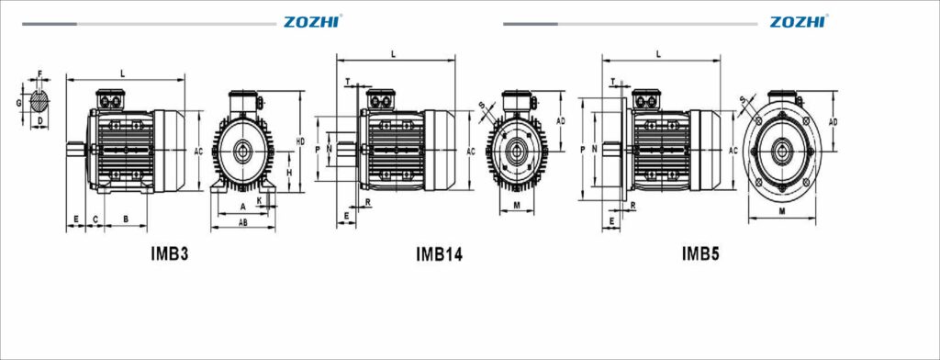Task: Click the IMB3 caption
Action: [170, 253]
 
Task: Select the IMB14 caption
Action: [440, 254]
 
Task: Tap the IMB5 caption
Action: [700, 254]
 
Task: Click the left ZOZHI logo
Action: [312, 22]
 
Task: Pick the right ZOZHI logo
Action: [798, 22]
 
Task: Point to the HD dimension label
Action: [300, 141]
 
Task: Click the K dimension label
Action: [260, 199]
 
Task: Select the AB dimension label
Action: [243, 222]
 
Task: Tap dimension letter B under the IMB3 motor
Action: [126, 219]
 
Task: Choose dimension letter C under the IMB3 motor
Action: [95, 219]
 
